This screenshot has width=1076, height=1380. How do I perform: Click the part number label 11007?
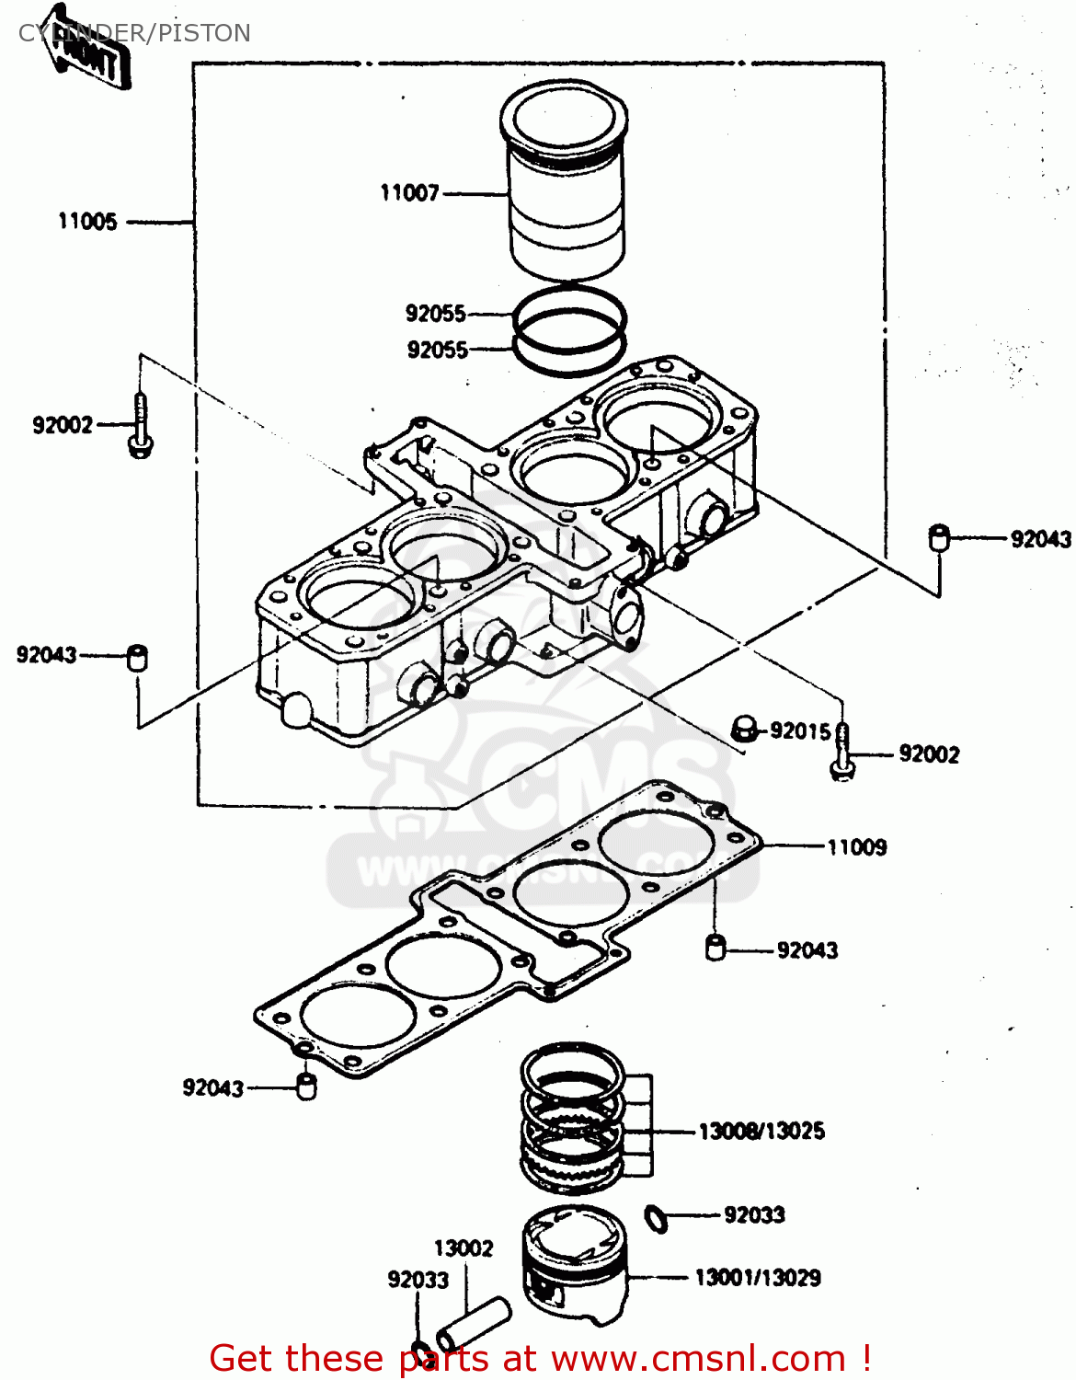coord(409,193)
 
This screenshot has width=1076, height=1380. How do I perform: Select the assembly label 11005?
coord(87,222)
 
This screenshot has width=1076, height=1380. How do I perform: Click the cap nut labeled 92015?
coord(744,730)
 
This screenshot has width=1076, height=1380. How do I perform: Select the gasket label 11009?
coord(856,847)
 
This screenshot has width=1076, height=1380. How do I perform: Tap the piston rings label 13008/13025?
coord(761,1131)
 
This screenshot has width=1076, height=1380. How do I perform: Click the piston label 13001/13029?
coord(757,1277)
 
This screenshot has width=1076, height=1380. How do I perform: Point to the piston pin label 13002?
coord(464,1248)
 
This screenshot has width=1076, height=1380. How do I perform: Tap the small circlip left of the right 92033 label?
coord(657,1218)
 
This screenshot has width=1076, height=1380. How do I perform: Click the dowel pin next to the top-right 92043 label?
coord(938,537)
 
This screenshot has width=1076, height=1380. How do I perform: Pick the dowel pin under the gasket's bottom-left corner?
coord(305,1086)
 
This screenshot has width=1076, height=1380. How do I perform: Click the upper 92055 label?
coord(436,314)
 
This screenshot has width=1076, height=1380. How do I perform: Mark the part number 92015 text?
coord(800,730)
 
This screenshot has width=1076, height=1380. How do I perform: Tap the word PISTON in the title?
coord(204,33)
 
